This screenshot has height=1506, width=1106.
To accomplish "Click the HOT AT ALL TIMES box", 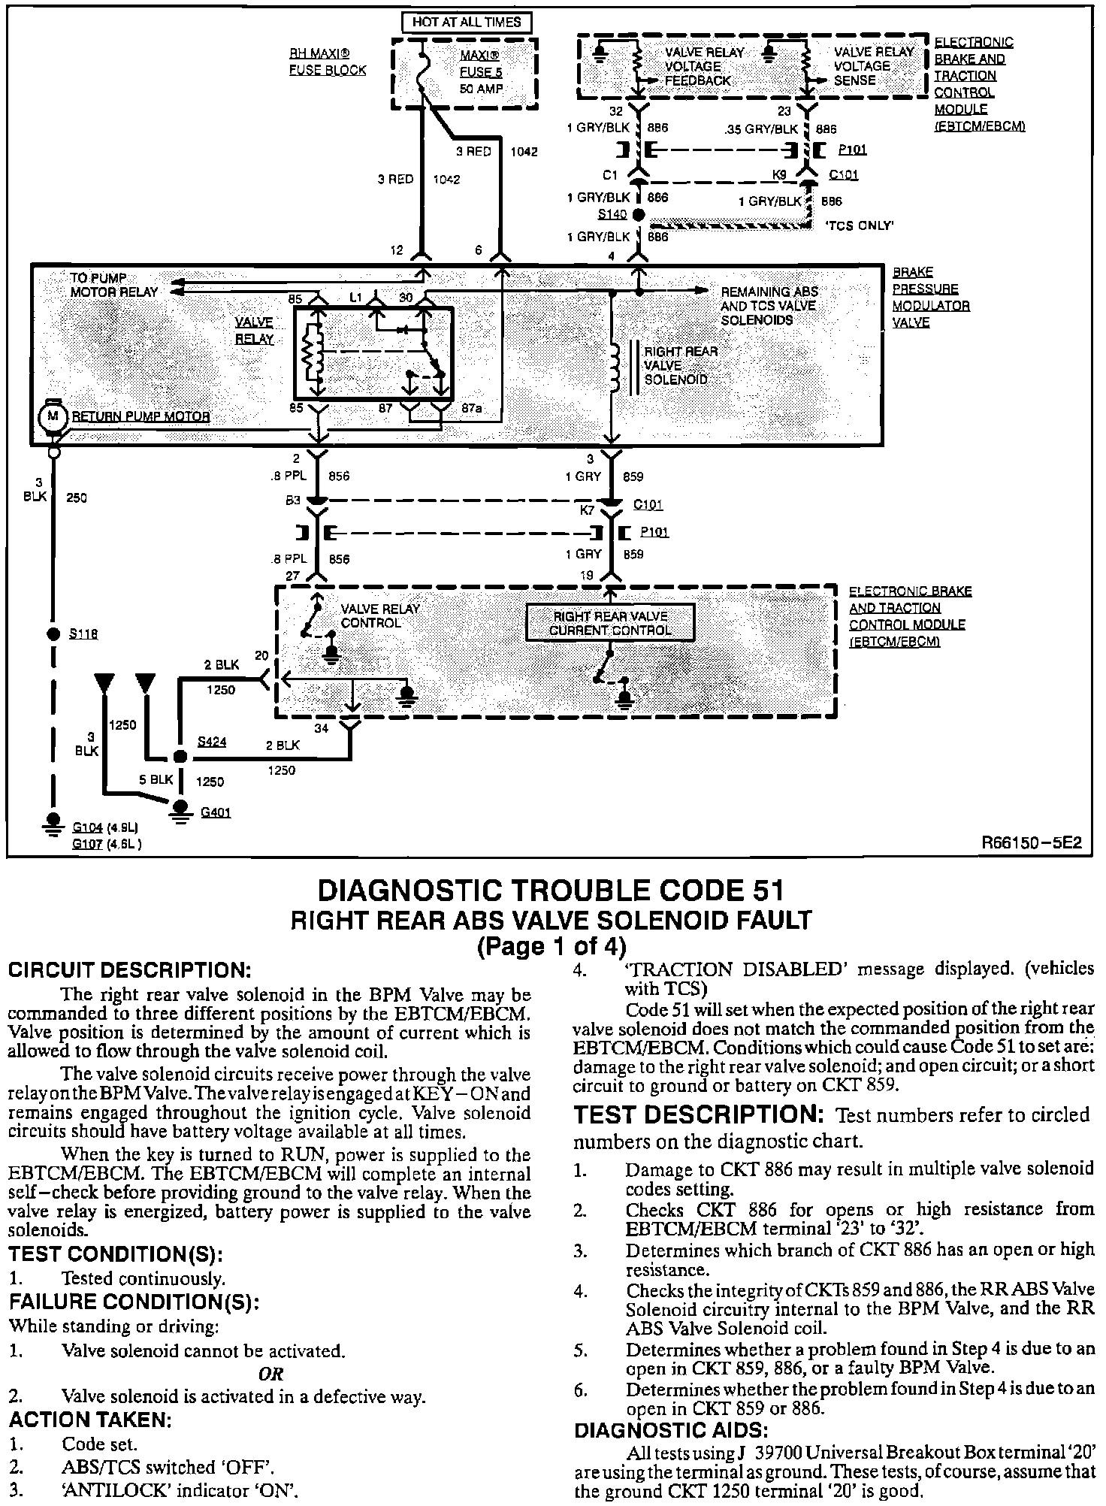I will click(x=466, y=22).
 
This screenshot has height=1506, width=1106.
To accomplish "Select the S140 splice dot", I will click(x=639, y=215).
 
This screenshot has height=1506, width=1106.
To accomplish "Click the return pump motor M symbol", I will click(x=53, y=415).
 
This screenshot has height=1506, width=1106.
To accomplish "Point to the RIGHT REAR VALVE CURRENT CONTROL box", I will click(x=609, y=623).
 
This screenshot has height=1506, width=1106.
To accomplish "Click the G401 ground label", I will click(x=216, y=812).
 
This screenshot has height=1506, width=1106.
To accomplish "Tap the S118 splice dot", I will click(x=53, y=634).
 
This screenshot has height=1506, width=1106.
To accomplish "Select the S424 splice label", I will click(x=212, y=742).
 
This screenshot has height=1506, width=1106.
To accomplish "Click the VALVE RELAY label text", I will click(x=254, y=331).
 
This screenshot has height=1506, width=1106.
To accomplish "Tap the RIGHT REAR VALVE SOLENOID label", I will click(x=681, y=365).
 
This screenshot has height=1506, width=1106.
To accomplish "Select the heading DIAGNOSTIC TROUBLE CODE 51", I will click(x=551, y=891).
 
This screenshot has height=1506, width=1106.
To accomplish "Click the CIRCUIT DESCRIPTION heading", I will click(x=128, y=970).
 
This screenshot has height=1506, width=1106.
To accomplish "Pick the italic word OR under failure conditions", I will click(x=270, y=1374).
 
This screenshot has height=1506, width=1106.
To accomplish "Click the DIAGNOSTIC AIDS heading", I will click(x=671, y=1429).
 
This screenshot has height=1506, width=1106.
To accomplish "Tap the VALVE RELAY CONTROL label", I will click(x=380, y=615).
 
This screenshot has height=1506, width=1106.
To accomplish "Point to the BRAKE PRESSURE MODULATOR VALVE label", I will click(x=931, y=298).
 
